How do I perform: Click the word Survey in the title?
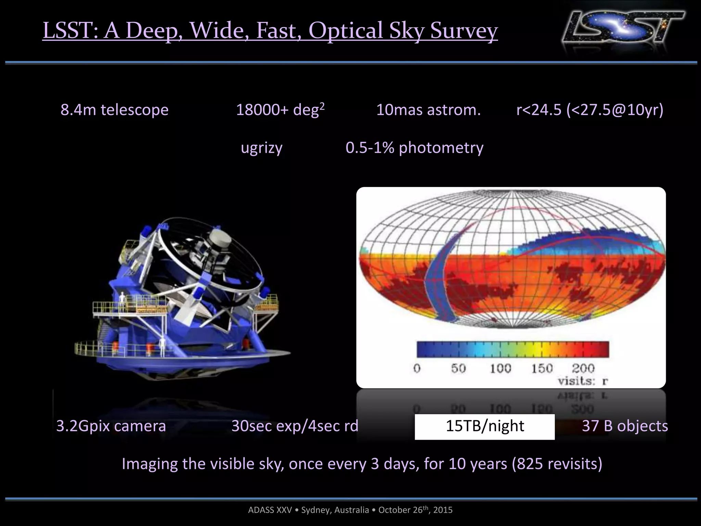(464, 31)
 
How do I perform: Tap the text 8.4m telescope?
(114, 110)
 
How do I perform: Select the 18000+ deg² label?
(280, 110)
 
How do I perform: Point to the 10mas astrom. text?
(428, 110)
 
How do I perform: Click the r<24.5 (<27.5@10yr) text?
(590, 110)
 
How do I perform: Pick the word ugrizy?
(262, 148)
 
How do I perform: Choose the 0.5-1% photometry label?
(414, 148)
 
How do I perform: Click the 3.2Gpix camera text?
(111, 426)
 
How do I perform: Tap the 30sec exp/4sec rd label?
(295, 426)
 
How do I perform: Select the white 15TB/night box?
(484, 426)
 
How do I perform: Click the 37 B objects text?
(625, 426)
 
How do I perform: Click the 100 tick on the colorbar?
(500, 368)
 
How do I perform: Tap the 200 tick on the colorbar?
(583, 368)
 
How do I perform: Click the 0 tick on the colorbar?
(417, 368)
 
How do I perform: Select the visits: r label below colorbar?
(583, 381)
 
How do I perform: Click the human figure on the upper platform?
(122, 299)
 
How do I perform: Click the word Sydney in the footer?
(315, 510)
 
